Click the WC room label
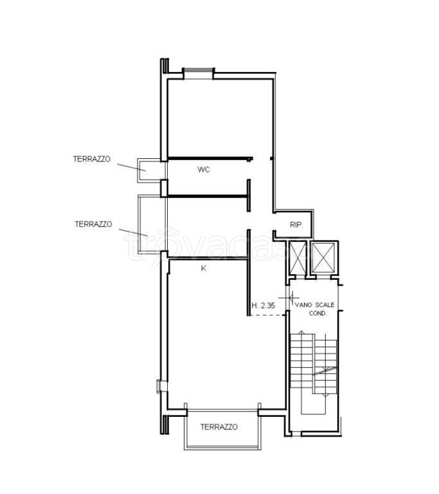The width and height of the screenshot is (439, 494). [x=204, y=170]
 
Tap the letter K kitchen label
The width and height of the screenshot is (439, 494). [x=204, y=268]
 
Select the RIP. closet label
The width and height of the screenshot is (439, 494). [x=296, y=225]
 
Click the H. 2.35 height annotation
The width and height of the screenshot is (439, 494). [x=264, y=306]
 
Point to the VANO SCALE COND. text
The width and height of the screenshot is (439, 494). [x=314, y=309]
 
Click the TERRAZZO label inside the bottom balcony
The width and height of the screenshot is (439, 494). [x=219, y=427]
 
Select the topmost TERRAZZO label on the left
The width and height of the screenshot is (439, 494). [x=92, y=159]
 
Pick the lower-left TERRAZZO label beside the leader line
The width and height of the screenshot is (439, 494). [x=94, y=224]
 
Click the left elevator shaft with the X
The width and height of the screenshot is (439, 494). [x=298, y=257]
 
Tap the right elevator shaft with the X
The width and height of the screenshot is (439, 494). [x=324, y=257]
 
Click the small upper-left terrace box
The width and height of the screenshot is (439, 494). [x=149, y=170]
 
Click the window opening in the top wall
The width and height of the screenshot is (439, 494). [x=199, y=74]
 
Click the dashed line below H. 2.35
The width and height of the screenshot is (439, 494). [x=267, y=315]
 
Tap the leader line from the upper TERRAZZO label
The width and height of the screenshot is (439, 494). [x=131, y=167]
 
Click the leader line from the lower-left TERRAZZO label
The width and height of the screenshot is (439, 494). [x=134, y=232]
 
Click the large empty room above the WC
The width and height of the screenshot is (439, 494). [x=220, y=118]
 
